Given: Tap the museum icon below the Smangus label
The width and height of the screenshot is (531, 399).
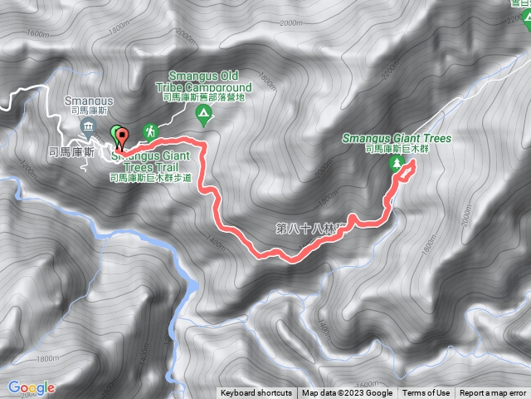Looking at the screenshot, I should [x=89, y=126].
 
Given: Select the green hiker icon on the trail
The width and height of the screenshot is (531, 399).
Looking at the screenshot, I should [x=150, y=131].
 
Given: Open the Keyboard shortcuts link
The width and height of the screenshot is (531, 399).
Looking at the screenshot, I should [x=256, y=393].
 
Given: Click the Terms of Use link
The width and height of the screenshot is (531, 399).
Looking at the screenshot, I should [x=426, y=393].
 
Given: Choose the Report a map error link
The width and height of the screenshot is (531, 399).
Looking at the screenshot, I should [x=493, y=393].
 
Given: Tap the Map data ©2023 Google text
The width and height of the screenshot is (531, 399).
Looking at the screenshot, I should [x=347, y=393].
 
